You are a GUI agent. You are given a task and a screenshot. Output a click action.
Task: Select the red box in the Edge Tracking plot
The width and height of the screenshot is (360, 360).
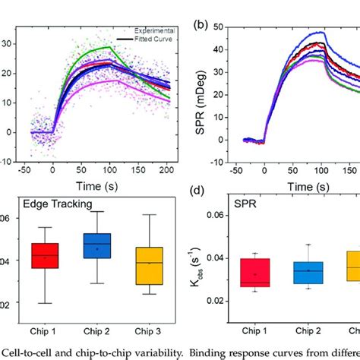pyautogui.click(x=46, y=256)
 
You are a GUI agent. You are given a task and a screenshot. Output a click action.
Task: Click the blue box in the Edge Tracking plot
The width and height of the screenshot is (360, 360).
pyautogui.click(x=97, y=248)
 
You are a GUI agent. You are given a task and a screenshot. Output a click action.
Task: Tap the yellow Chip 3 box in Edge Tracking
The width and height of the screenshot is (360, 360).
pyautogui.click(x=149, y=266)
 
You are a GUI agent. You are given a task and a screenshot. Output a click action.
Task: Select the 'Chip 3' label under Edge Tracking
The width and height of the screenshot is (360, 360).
pyautogui.click(x=149, y=331)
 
